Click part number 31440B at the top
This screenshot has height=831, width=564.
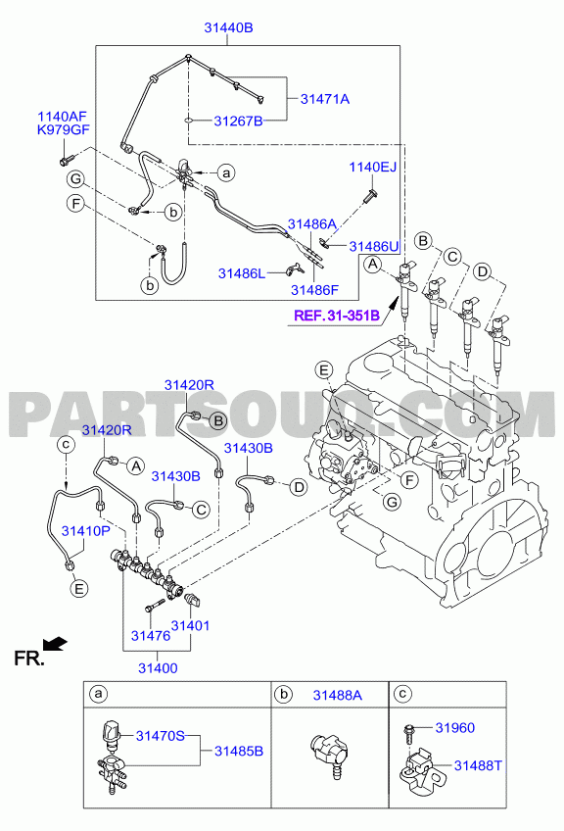pyautogui.click(x=229, y=27)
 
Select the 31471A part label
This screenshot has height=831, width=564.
pyautogui.click(x=325, y=99)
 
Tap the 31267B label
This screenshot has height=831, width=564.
pyautogui.click(x=238, y=122)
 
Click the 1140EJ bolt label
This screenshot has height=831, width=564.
pyautogui.click(x=373, y=167)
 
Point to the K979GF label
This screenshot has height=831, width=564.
pyautogui.click(x=63, y=129)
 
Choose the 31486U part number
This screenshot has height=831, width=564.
pyautogui.click(x=374, y=246)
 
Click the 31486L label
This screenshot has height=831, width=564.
pyautogui.click(x=242, y=273)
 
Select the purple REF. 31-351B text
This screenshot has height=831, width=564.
pyautogui.click(x=337, y=316)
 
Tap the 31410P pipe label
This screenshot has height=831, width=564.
pyautogui.click(x=86, y=530)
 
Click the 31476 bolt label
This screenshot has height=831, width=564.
pyautogui.click(x=151, y=635)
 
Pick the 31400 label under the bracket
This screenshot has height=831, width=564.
pyautogui.click(x=158, y=668)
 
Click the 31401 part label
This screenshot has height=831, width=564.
pyautogui.click(x=191, y=626)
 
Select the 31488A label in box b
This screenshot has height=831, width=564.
pyautogui.click(x=338, y=696)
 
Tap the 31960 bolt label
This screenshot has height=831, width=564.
pyautogui.click(x=455, y=728)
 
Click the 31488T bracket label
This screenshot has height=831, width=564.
pyautogui.click(x=478, y=765)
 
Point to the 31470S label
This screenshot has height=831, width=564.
pyautogui.click(x=161, y=736)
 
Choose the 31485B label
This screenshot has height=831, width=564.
pyautogui.click(x=239, y=751)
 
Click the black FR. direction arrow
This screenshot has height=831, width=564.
pyautogui.click(x=55, y=643)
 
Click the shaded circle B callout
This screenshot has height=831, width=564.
pyautogui.click(x=217, y=421)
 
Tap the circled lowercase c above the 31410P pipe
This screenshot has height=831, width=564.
pyautogui.click(x=66, y=444)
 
